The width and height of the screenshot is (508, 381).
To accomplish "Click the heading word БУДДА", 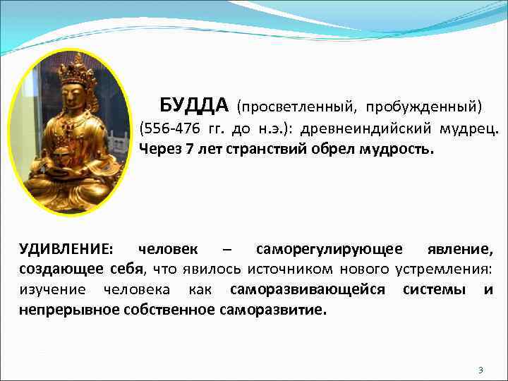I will (x=194, y=106).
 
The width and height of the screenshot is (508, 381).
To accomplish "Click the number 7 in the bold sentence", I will (x=189, y=150).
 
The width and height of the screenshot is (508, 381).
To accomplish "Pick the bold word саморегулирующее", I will (x=329, y=249).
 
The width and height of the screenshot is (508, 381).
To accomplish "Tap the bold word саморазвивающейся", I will (x=308, y=289).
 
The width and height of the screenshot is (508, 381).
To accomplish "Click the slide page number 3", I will (x=480, y=370).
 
